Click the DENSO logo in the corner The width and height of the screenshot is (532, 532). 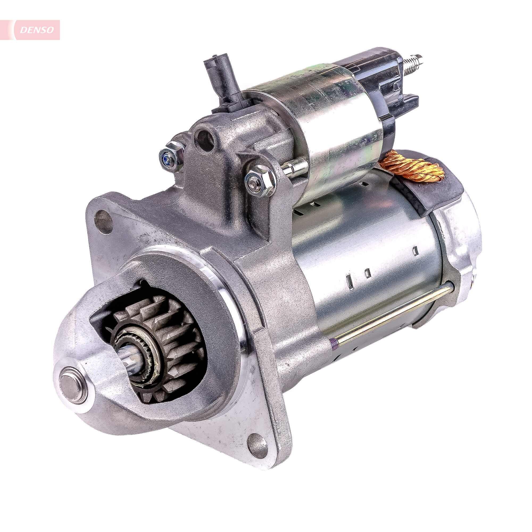coord(37,30)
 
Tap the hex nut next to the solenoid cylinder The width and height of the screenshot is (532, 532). coord(260,179)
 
